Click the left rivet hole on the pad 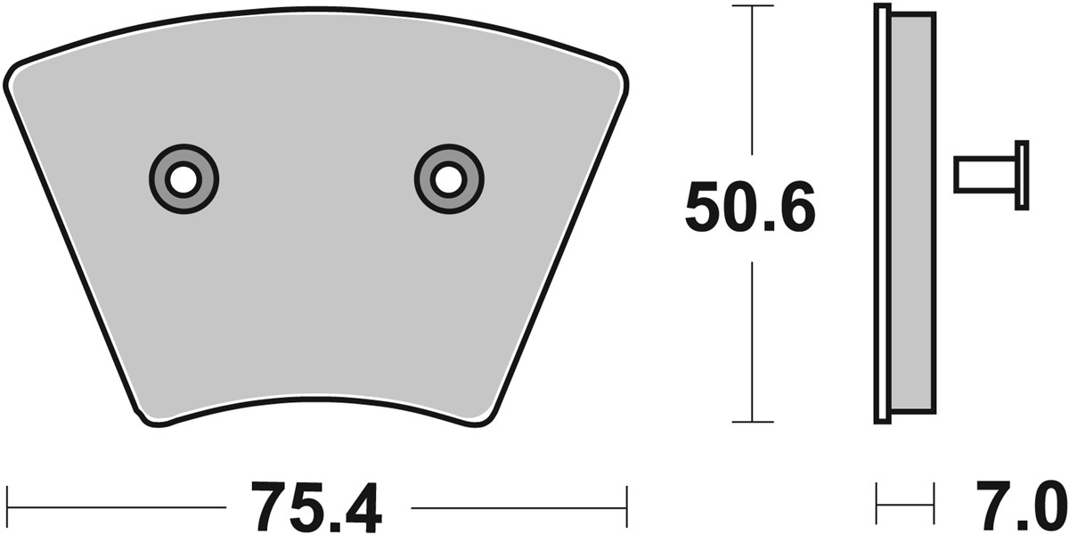(184, 179)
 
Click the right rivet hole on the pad (448, 179)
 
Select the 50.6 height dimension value (750, 209)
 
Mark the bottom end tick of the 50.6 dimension (753, 422)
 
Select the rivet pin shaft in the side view (984, 175)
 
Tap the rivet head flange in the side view (1022, 175)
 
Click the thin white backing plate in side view (883, 214)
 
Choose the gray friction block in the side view (912, 214)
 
